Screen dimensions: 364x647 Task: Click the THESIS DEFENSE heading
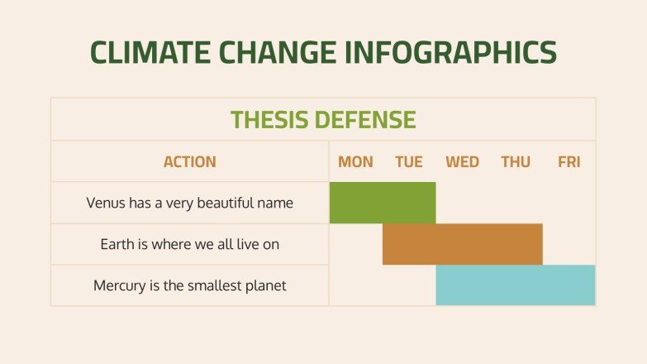[323, 120]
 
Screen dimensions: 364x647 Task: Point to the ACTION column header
[189, 162]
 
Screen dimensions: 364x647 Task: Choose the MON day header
[355, 162]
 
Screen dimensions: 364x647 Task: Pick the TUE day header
[409, 162]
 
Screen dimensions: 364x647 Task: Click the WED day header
[462, 162]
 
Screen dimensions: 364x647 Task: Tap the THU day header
[516, 162]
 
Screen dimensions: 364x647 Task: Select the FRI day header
[569, 162]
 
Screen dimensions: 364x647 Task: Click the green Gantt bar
[383, 203]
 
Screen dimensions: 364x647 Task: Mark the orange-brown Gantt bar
[462, 244]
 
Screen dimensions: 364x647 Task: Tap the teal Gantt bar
[516, 285]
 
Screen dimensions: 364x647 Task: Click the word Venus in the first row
[105, 203]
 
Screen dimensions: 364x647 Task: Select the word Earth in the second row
[118, 245]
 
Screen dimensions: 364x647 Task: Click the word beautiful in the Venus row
[219, 203]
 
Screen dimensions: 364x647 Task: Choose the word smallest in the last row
[209, 286]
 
